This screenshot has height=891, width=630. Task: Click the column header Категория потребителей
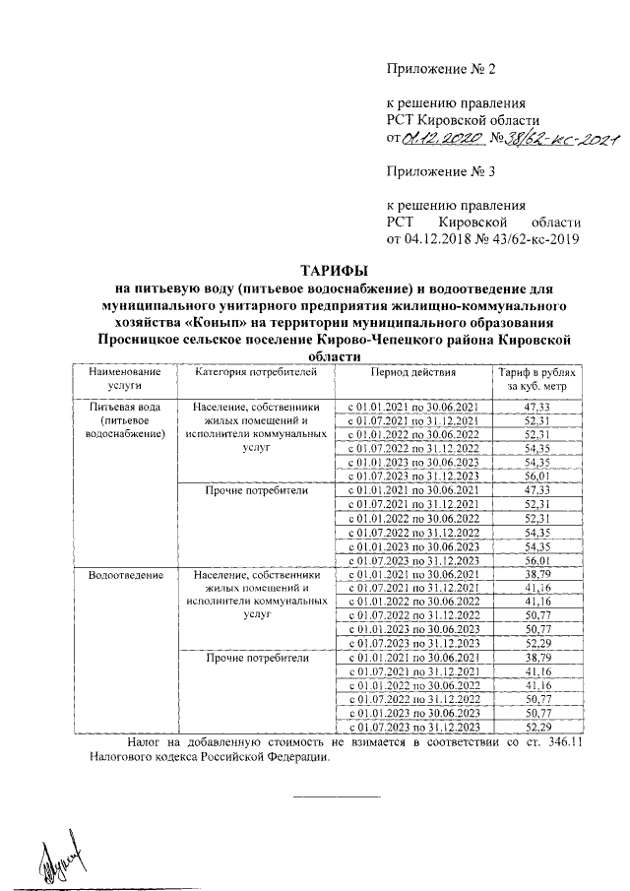click(256, 373)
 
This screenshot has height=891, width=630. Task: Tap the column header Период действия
click(413, 373)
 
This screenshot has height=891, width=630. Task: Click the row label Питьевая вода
click(123, 406)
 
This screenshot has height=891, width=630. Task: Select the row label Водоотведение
click(123, 573)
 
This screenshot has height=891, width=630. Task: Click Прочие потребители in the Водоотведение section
click(256, 657)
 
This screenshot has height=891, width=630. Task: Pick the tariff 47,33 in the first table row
click(537, 406)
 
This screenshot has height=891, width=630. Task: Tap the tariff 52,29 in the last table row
click(537, 727)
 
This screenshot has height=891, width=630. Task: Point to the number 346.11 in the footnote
click(562, 742)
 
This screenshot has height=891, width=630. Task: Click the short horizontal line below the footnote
click(337, 796)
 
